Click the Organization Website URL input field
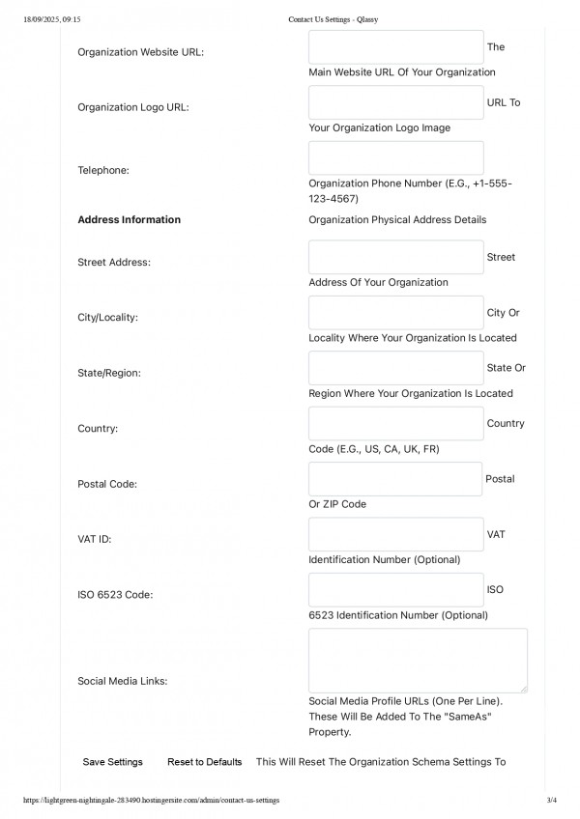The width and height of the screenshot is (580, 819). point(395,47)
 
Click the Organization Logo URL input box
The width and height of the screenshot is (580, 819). point(395,102)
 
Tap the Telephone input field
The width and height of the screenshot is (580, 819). point(395,158)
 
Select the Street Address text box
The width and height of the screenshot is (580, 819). point(395,257)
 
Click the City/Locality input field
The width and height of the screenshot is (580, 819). point(395,313)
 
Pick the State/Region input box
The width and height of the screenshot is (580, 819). point(395,368)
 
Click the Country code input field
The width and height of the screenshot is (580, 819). point(395,423)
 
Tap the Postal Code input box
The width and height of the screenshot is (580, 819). point(394,479)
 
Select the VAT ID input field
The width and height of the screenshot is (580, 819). point(395,534)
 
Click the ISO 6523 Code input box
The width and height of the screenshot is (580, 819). point(395,589)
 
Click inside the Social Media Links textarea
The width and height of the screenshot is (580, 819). point(418,660)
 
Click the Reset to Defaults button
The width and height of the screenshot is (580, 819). point(204,762)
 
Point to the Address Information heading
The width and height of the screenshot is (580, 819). point(129,219)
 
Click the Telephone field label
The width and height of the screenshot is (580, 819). point(103,170)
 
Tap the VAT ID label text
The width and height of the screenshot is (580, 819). point(94,538)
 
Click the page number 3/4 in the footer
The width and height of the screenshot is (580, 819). point(552,801)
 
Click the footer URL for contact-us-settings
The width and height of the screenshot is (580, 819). point(150,801)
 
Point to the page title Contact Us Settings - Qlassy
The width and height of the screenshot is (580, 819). point(333,18)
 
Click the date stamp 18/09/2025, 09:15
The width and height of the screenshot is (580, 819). point(51,18)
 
